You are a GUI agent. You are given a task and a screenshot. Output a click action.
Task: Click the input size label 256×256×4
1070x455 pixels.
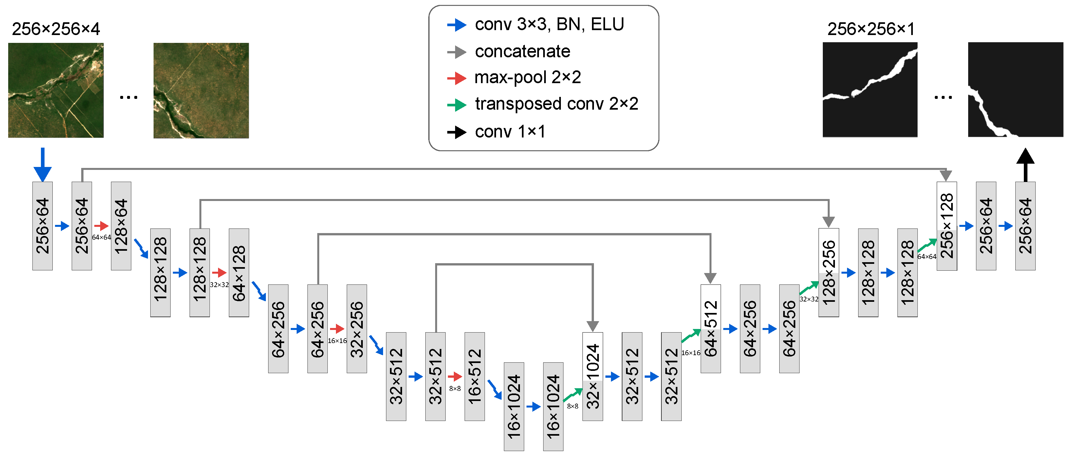tap(56, 29)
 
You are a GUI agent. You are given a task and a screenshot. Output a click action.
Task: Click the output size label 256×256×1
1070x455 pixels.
tap(871, 29)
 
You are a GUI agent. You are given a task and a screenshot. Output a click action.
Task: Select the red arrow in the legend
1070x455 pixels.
tap(456, 78)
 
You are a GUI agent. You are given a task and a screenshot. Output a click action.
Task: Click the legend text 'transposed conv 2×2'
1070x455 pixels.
tap(556, 104)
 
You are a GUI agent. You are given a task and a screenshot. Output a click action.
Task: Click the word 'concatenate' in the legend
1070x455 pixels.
tap(522, 51)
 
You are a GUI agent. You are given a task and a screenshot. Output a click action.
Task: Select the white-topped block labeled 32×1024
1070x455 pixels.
tap(592, 376)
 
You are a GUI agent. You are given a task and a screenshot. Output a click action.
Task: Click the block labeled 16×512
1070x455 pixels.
tap(474, 376)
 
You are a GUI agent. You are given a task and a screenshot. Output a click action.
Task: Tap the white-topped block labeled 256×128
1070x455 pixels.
tap(947, 226)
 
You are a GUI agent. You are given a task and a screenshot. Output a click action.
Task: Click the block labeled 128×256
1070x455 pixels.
tap(828, 272)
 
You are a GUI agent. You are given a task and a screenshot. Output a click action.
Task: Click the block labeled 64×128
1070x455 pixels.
tap(239, 272)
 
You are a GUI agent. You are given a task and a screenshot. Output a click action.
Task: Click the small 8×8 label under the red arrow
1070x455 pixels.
tap(455, 389)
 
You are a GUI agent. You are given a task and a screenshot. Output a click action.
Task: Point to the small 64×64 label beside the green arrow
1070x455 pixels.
tap(927, 257)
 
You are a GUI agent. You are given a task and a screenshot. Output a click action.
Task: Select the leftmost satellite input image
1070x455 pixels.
tap(56, 90)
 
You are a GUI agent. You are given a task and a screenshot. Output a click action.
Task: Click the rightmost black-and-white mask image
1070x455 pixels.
tap(1015, 89)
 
